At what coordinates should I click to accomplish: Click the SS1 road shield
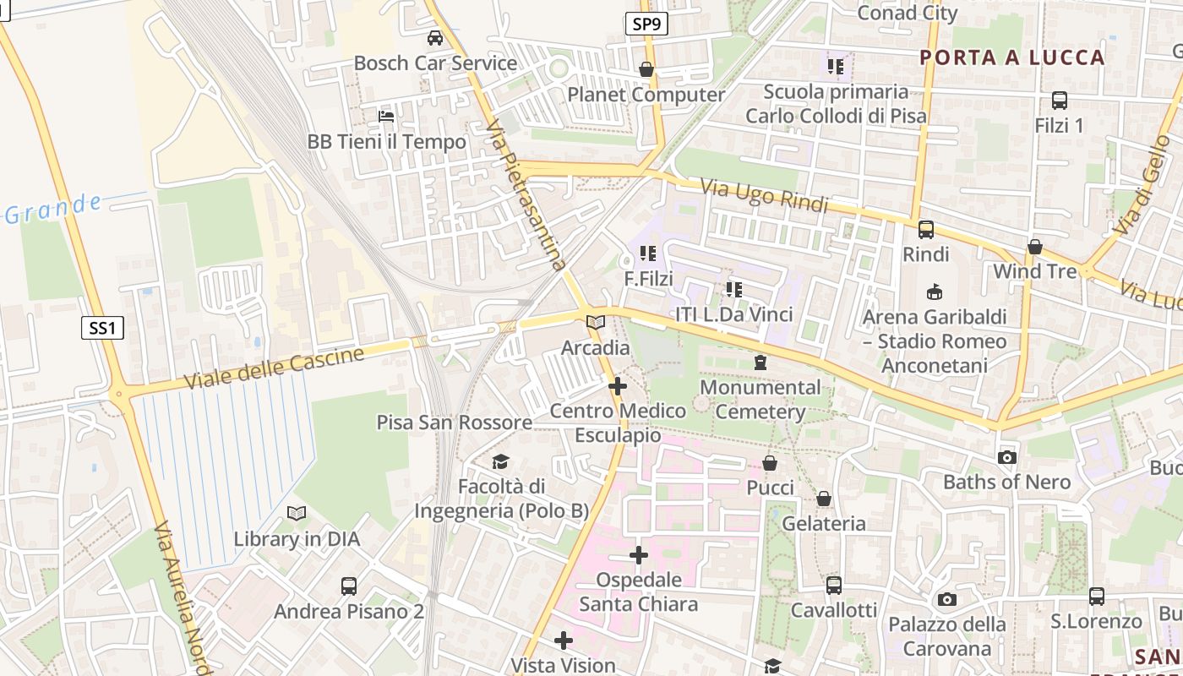pos(102,327)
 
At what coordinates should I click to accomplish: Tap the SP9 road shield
pos(646,24)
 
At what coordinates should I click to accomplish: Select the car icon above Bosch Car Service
pos(435,38)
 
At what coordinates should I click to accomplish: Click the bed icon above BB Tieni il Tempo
pos(386,116)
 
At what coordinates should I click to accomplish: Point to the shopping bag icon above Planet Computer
pos(646,69)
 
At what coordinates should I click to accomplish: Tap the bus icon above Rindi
pos(926,229)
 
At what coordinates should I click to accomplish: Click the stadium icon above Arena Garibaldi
pos(934,292)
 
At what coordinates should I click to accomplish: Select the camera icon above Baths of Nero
pos(1006,457)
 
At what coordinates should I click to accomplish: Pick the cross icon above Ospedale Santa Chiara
pos(639,555)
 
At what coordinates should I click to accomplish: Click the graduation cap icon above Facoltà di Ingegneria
pos(501,461)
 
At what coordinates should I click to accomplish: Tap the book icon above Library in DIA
pos(296,513)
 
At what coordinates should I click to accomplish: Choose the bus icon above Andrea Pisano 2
pos(348,586)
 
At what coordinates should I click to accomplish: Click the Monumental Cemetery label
pos(760,400)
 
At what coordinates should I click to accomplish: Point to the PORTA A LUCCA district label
pos(1011,57)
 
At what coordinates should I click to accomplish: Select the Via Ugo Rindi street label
pos(765,196)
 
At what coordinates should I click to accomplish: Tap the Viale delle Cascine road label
pos(275,368)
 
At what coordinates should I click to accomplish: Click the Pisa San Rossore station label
pos(455,422)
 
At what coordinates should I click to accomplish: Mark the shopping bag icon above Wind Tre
pos(1034,247)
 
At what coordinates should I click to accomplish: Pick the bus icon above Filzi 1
pos(1059,101)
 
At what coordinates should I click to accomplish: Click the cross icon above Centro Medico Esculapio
pos(618,386)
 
